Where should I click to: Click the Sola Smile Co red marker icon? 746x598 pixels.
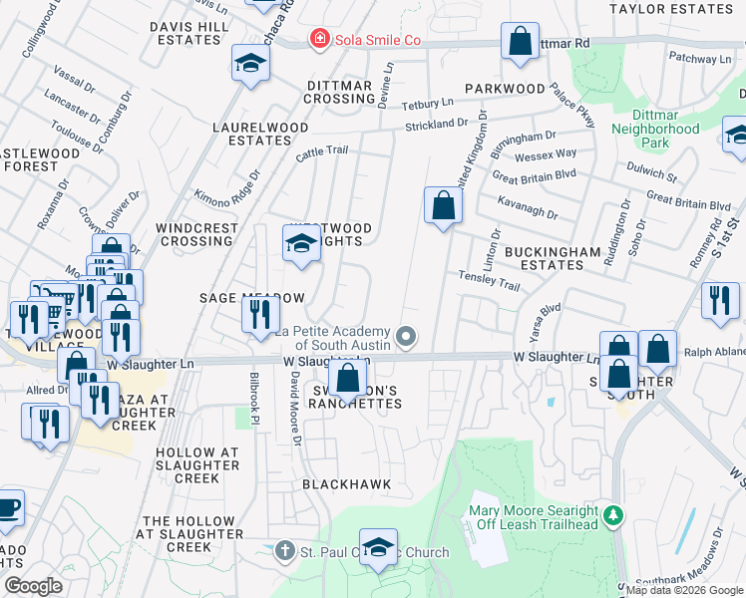pos(319,40)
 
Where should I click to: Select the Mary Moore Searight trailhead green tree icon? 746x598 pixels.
pos(615,515)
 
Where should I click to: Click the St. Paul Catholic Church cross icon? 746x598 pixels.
pos(285,551)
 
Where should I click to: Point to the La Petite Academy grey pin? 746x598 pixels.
pos(405,336)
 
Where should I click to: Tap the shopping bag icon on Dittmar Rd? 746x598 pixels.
pos(520,42)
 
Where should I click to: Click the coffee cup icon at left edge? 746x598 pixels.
pos(8,507)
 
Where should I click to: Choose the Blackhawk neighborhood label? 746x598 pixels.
pos(346,484)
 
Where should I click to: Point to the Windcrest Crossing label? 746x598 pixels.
pos(197,234)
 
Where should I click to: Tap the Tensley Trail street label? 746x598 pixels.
pos(489,279)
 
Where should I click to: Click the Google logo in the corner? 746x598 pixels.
pos(33,586)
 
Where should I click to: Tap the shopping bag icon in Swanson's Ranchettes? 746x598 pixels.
pos(347,379)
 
